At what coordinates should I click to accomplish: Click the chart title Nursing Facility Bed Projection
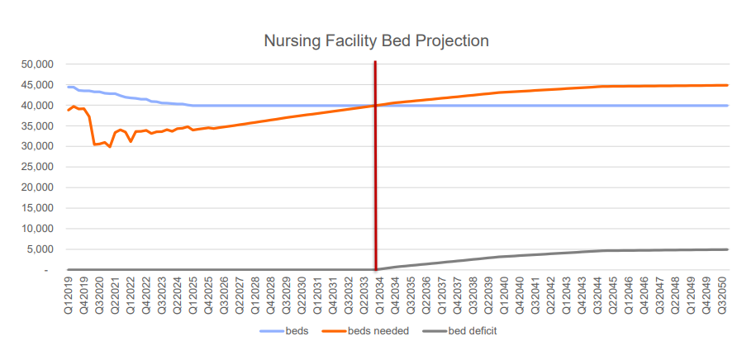[377, 40]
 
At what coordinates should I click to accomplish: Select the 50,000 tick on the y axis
[36, 64]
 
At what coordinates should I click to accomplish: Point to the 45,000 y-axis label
[36, 85]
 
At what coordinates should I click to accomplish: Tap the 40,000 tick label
[36, 106]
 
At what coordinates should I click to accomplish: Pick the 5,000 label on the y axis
[39, 249]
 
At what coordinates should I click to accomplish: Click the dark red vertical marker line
[376, 165]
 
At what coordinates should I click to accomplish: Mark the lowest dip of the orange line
[110, 147]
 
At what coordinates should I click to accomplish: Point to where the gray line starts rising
[377, 269]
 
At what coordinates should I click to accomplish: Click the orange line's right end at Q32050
[727, 85]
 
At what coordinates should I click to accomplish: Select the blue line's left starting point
[69, 87]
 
